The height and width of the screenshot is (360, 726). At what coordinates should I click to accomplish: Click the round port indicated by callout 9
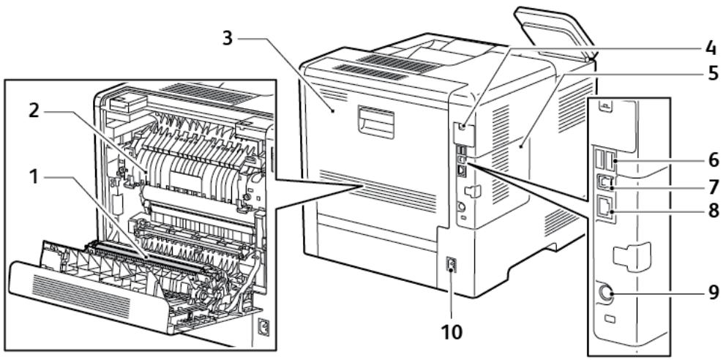[x=607, y=293]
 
